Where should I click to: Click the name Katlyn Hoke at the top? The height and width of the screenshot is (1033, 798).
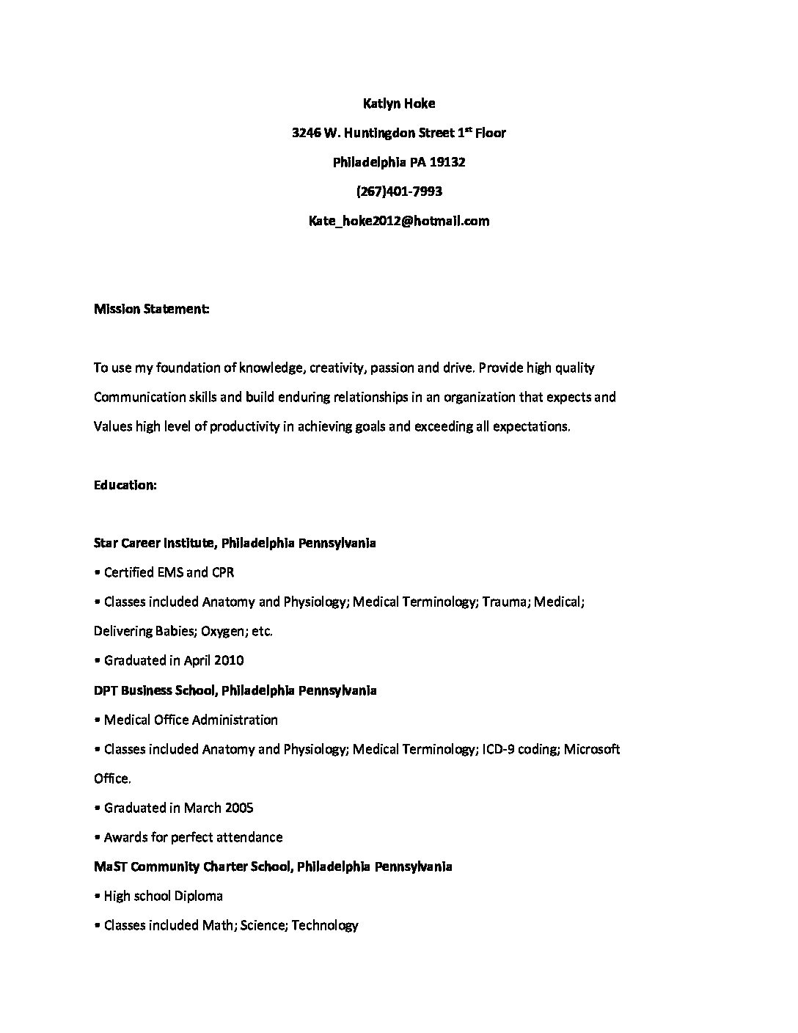(399, 103)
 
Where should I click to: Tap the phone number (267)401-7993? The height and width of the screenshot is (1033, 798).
(399, 191)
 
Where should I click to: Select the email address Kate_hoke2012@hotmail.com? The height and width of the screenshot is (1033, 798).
(399, 221)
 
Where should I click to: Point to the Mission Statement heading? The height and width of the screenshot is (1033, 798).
(152, 309)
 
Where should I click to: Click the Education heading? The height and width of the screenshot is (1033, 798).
(125, 485)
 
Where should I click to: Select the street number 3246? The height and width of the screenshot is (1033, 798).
(306, 133)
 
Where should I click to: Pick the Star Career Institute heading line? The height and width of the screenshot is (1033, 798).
(235, 543)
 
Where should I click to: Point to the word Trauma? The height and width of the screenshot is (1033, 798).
(505, 602)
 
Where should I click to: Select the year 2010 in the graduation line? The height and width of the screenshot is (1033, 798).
(229, 660)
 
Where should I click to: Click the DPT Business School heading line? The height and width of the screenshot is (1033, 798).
(235, 690)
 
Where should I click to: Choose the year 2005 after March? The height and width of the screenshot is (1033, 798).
(238, 808)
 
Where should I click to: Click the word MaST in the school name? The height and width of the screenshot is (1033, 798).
(110, 866)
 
